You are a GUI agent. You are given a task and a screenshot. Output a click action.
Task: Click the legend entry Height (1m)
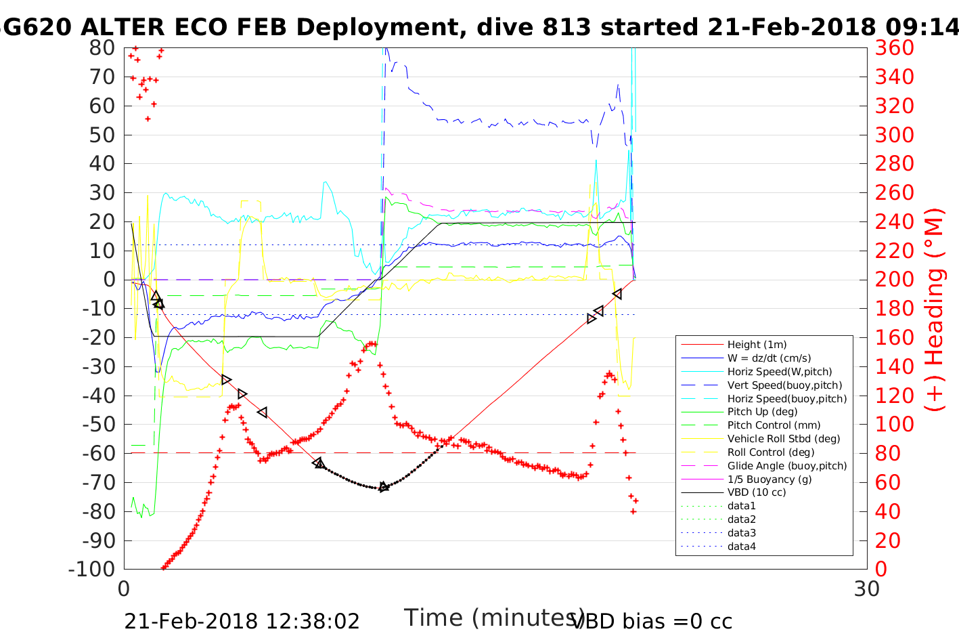click(757, 345)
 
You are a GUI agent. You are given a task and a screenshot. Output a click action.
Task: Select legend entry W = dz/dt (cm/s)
click(769, 358)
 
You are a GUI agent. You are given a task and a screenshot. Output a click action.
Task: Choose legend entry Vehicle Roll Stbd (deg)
click(784, 439)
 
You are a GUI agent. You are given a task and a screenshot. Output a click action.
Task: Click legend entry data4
click(742, 547)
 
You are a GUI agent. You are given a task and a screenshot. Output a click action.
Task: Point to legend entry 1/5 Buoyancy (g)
click(770, 479)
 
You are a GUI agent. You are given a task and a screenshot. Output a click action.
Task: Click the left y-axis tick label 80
click(102, 48)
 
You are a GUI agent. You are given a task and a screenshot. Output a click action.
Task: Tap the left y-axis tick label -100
click(92, 569)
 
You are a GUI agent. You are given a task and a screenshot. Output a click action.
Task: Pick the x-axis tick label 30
click(867, 589)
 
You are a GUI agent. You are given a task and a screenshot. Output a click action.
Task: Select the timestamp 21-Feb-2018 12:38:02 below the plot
click(242, 621)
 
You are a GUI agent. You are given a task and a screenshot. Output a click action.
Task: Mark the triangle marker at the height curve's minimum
click(384, 487)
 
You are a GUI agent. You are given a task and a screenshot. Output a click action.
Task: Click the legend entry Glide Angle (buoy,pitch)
click(787, 466)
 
